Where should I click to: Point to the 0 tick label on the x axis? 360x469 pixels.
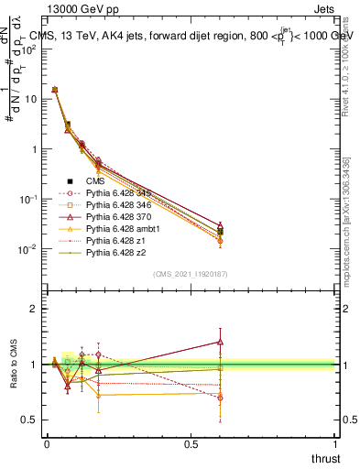(47, 444)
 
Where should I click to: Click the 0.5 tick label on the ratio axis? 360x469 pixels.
(29, 420)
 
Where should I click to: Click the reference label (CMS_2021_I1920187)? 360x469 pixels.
(190, 273)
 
